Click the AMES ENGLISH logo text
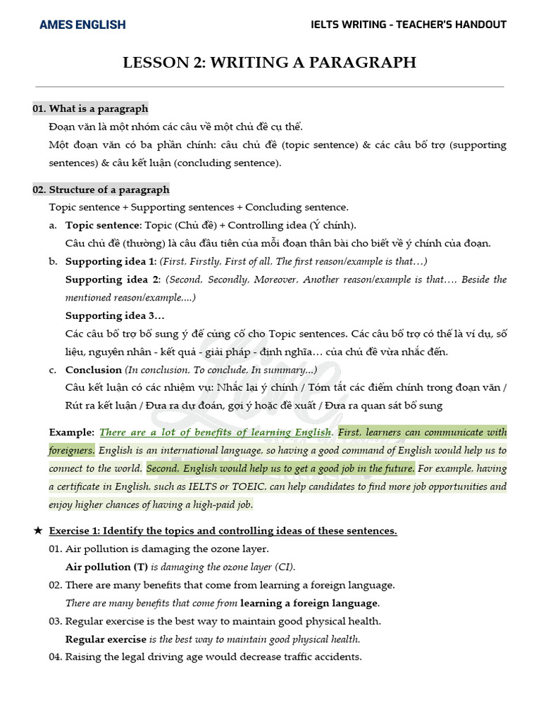(x=82, y=25)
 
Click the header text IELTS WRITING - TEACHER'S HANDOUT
(x=409, y=25)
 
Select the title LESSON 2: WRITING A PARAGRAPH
(x=270, y=63)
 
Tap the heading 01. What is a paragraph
(x=90, y=108)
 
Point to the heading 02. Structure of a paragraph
(x=101, y=189)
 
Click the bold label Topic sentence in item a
(x=103, y=225)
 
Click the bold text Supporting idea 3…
(x=115, y=315)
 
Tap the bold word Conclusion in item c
(x=94, y=370)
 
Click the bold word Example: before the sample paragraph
(x=71, y=432)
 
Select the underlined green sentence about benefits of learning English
(x=216, y=432)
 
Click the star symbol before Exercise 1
(x=38, y=531)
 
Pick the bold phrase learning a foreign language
(x=309, y=603)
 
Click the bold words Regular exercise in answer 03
(x=106, y=639)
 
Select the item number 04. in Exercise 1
(x=56, y=657)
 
